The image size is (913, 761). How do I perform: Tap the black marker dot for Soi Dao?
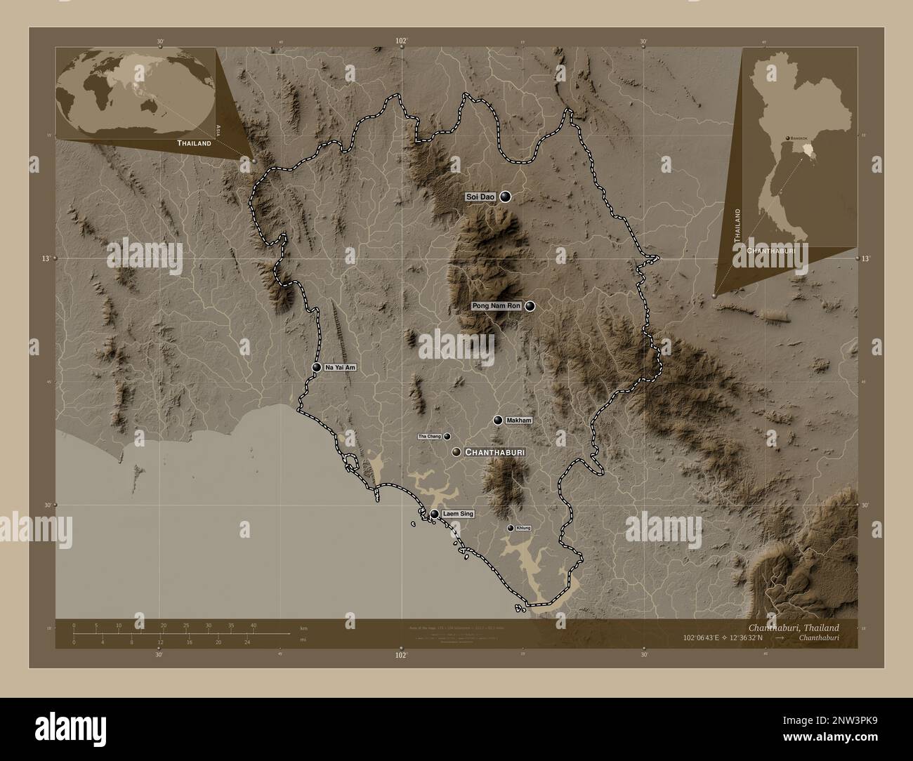point(505,198)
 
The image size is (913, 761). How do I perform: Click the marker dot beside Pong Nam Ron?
point(530,306)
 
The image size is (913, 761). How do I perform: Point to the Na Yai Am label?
point(341,368)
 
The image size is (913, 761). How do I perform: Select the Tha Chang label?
point(429,437)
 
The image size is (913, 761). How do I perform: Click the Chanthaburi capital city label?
point(494,453)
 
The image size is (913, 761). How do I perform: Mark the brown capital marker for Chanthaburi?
point(456,452)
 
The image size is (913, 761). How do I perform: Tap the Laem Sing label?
point(458,515)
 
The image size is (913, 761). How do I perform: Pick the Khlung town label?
point(523,528)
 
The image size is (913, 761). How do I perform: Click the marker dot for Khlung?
point(511,528)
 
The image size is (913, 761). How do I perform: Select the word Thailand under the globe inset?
point(194,143)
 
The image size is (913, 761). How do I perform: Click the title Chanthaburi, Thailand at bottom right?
point(792,627)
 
